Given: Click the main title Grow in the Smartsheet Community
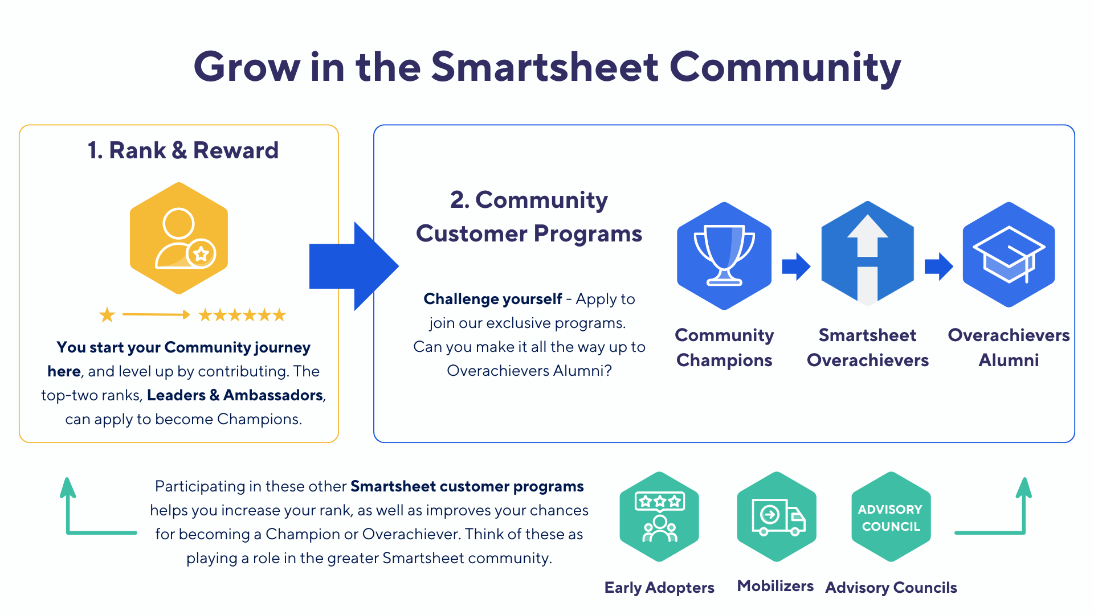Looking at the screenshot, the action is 547,67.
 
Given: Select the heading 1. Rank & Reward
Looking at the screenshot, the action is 183,150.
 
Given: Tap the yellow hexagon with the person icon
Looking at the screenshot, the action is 179,238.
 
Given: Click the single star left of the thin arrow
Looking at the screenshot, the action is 107,314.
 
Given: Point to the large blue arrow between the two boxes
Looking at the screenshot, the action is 353,266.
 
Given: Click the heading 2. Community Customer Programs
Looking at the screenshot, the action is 529,216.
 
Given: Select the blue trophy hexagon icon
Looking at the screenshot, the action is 724,256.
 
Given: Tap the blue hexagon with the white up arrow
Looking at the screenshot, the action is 867,254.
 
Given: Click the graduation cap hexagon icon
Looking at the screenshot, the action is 1009,255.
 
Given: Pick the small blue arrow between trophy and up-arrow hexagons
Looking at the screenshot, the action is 796,266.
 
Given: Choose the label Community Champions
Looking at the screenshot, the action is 724,347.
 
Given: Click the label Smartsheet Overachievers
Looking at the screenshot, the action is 868,347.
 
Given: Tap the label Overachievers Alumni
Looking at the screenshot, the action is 1009,347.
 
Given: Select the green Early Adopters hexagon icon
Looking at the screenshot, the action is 659,517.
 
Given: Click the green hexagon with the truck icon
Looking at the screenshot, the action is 777,517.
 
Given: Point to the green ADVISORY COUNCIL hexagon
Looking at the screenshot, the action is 891,517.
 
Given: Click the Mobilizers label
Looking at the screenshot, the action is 775,586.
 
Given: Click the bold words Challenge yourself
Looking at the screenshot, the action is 493,299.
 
